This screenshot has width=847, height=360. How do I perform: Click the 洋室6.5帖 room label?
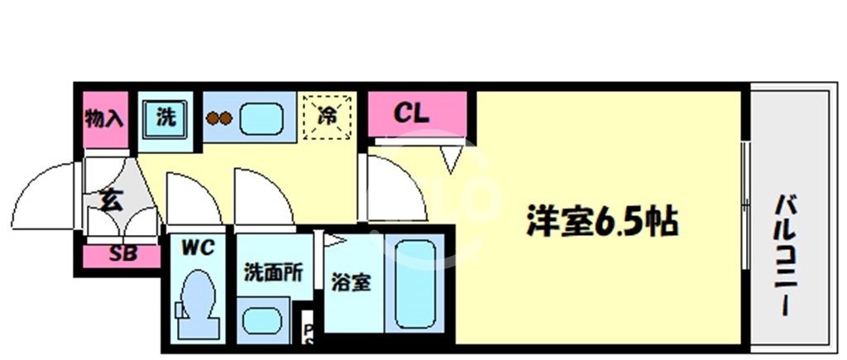pos(603,221)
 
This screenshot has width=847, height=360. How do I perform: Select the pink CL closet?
pos(417,114)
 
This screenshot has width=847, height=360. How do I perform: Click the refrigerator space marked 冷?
pos(327,117)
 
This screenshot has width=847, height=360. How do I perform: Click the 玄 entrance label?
pos(110,200)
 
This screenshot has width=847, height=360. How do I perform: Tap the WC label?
pos(198,247)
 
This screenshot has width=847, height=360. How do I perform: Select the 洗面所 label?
pos(272,271)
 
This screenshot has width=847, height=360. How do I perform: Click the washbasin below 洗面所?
pos(262,319)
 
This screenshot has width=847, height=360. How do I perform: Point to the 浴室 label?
pos(351,281)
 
